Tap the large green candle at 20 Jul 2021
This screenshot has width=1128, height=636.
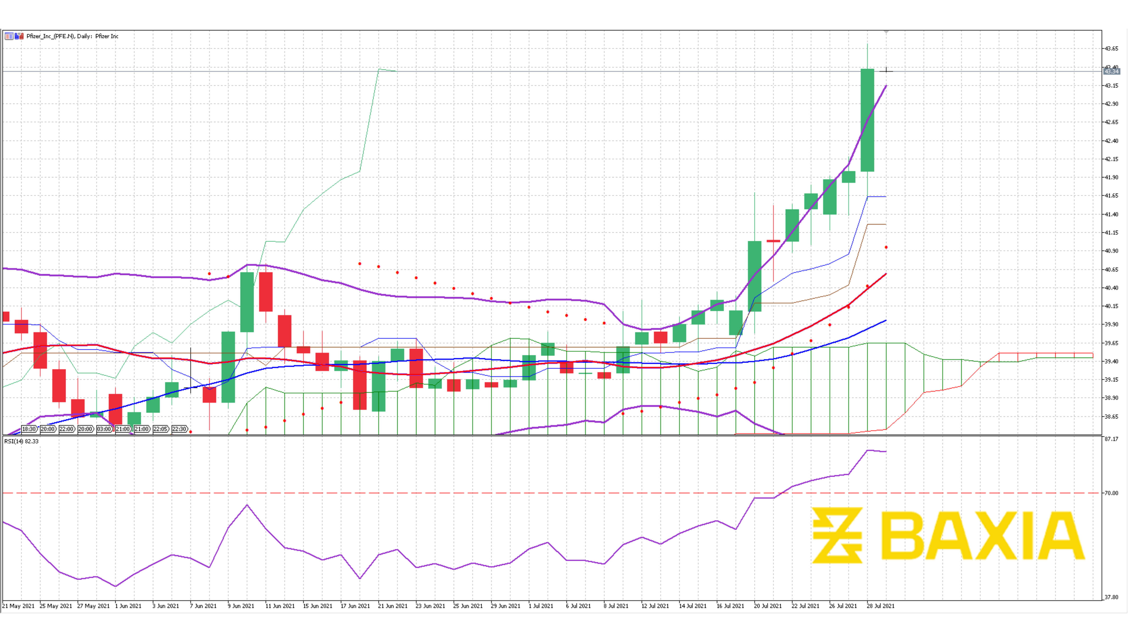tap(755, 276)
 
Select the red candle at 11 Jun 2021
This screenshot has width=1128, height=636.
tap(266, 292)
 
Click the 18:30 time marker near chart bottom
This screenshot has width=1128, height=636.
tap(29, 429)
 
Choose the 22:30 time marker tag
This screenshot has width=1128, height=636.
tap(180, 429)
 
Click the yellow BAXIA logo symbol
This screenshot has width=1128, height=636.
tap(837, 535)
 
